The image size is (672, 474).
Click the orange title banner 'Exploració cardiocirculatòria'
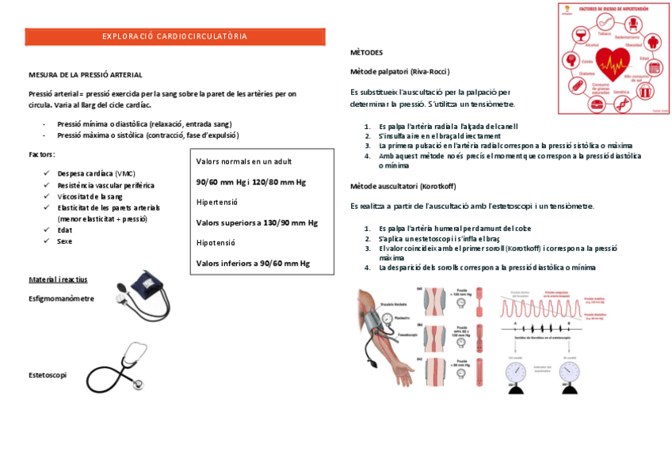(174, 36)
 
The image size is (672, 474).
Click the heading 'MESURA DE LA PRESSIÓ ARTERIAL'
(85, 74)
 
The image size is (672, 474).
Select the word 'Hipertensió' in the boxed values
(217, 202)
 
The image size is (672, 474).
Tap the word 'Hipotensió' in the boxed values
(216, 242)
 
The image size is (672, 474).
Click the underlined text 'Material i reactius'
(58, 279)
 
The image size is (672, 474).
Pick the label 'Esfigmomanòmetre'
(61, 298)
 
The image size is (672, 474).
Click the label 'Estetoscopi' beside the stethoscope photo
(48, 374)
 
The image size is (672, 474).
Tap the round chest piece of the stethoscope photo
(139, 384)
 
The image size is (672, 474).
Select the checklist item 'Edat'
(64, 229)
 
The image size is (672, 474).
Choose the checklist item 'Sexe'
(64, 241)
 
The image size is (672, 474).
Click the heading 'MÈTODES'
(366, 52)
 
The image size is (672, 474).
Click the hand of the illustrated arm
(402, 369)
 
